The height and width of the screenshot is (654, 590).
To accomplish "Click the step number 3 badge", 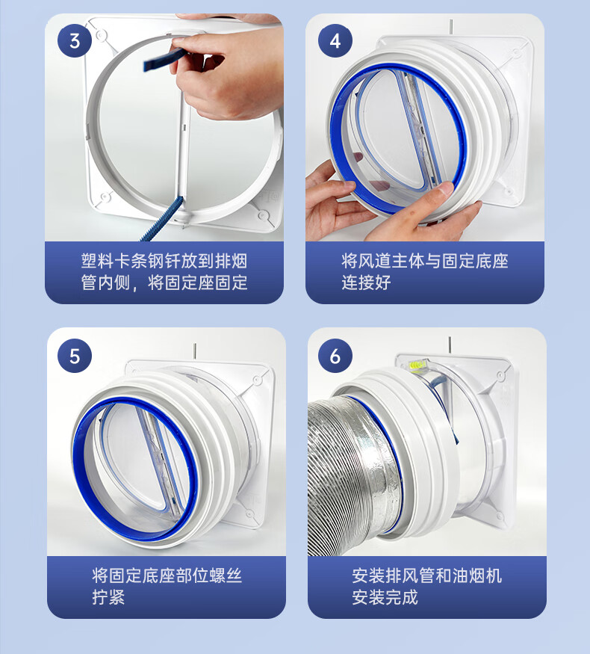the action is click(75, 40).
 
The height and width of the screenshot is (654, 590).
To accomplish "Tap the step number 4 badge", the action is click(335, 40).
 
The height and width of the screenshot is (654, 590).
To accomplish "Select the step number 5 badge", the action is click(75, 356).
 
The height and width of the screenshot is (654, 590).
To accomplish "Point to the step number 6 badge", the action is click(335, 356).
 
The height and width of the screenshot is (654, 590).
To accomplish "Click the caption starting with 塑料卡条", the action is click(164, 271).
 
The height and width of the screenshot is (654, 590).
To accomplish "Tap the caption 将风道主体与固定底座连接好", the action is click(425, 271).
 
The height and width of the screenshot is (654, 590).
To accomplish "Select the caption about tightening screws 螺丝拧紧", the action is click(167, 586).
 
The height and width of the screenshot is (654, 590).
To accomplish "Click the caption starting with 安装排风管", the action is click(426, 586).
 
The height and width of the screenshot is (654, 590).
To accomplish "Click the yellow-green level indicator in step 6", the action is click(417, 365).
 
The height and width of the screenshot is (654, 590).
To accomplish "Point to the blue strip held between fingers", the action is click(164, 59).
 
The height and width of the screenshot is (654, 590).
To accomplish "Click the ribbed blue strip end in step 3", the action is click(163, 220).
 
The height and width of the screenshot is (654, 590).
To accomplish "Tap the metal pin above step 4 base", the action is click(451, 28).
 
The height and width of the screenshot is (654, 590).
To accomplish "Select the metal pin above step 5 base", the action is click(195, 351).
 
